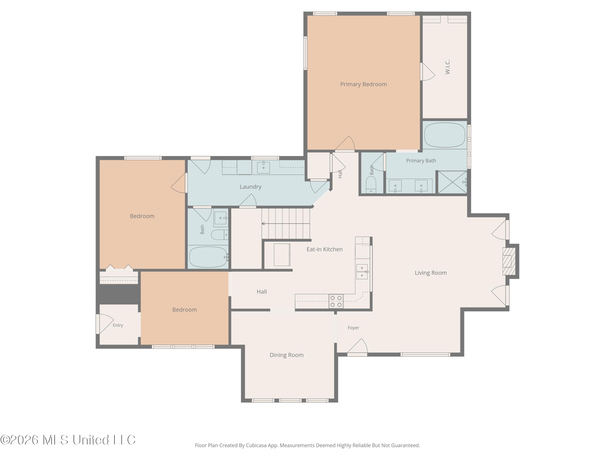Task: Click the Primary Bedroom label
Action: pos(363,84)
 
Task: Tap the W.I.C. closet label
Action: pos(447,67)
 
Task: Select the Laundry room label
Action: pos(251,187)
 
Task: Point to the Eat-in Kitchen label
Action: pos(325,249)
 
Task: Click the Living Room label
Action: pos(431,273)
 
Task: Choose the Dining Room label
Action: pos(286,355)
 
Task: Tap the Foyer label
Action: pos(353,328)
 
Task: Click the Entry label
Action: pos(118,325)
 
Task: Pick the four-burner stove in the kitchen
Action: pos(336,301)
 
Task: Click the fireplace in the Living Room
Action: pos(509,261)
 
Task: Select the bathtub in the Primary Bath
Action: pos(445,135)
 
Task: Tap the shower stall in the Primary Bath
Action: pos(452,182)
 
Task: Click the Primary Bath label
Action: pos(421,161)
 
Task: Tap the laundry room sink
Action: pos(263,167)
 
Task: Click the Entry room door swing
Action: pos(105,324)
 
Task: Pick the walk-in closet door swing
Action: pos(428,72)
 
